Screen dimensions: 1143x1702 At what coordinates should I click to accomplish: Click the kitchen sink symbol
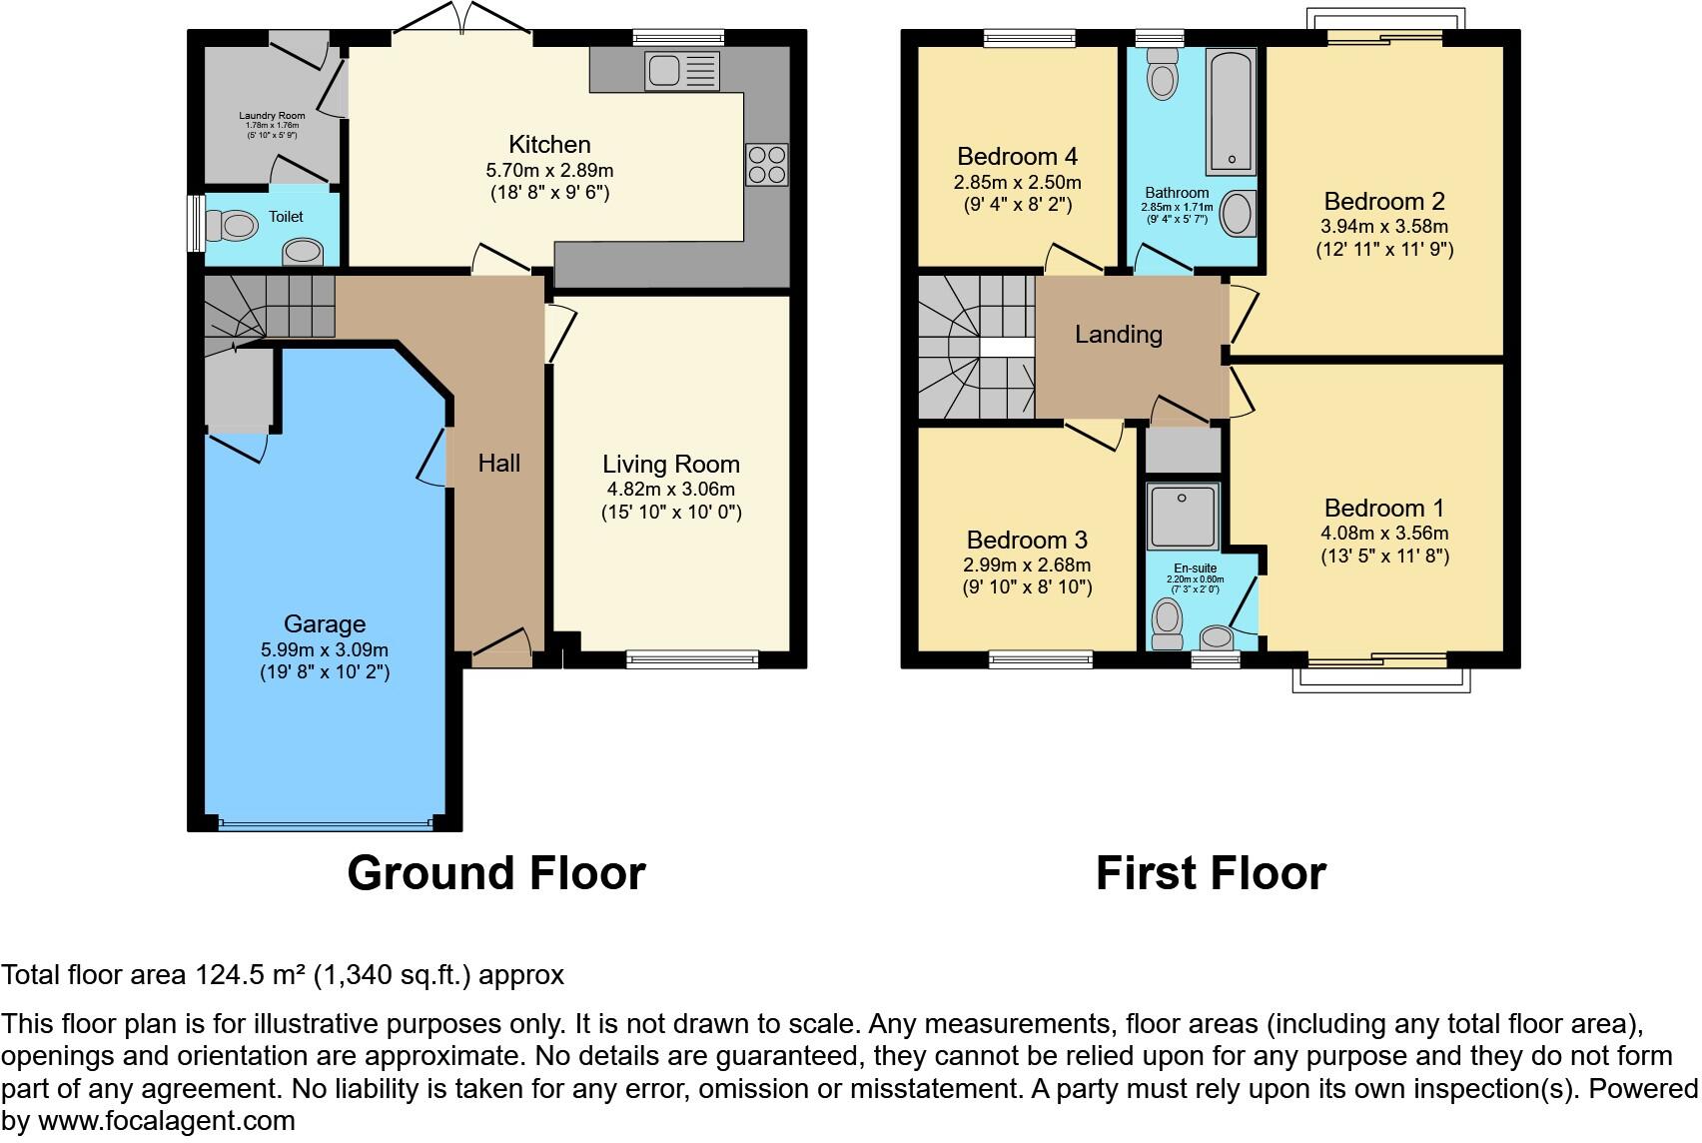(682, 70)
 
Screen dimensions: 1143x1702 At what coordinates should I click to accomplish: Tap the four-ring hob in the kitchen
(766, 165)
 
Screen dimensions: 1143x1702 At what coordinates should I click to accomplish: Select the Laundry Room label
(272, 116)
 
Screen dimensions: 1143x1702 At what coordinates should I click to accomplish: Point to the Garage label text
(325, 624)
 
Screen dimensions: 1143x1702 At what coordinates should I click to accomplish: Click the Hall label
(498, 463)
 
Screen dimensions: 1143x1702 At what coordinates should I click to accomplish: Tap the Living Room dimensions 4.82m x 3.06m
(670, 490)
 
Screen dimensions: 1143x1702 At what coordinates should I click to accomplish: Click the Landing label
(1118, 335)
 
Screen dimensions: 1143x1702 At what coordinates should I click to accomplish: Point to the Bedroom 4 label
(1017, 157)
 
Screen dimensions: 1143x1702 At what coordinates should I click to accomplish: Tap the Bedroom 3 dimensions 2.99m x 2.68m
(1027, 565)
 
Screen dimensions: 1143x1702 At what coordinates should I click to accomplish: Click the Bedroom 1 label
(1383, 508)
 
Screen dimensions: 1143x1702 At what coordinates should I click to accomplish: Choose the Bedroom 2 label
(1383, 201)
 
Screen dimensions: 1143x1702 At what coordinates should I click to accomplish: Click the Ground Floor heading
(495, 873)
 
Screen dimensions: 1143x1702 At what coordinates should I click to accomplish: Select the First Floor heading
(1210, 873)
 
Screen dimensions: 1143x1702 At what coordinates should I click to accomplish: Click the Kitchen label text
(549, 145)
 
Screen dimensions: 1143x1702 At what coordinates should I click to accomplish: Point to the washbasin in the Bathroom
(1238, 214)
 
